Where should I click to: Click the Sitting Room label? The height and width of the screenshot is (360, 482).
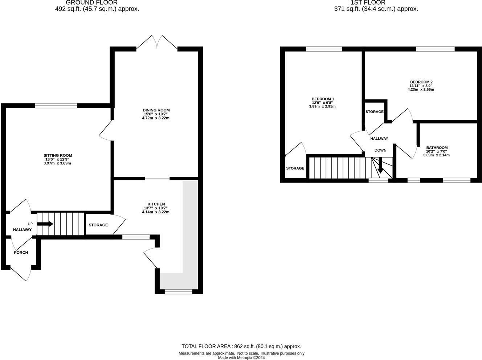click(x=58, y=156)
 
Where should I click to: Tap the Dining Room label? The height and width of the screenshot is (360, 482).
click(x=156, y=110)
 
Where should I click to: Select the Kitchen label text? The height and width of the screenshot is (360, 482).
click(x=156, y=204)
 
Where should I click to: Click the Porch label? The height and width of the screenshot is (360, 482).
click(x=21, y=253)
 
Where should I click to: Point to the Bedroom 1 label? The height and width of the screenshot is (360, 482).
click(x=323, y=99)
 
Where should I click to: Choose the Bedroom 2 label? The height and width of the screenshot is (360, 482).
click(x=421, y=82)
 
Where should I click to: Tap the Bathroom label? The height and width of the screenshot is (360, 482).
click(x=437, y=148)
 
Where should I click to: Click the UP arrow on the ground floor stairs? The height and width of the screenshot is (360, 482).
click(x=45, y=224)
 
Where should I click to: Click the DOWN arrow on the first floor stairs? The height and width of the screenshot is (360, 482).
click(x=380, y=167)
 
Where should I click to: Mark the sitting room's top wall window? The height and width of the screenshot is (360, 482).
click(x=56, y=106)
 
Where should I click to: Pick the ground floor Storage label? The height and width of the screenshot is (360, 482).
click(x=98, y=225)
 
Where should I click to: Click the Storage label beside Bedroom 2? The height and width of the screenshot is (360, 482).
click(x=374, y=112)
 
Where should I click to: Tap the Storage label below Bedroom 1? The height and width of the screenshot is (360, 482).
click(x=295, y=168)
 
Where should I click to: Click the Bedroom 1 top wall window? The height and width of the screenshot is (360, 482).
click(x=324, y=49)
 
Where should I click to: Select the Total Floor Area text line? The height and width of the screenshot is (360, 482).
click(x=241, y=347)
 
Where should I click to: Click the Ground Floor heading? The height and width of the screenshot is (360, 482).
click(x=91, y=3)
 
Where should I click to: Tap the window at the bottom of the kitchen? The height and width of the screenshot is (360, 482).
click(x=178, y=291)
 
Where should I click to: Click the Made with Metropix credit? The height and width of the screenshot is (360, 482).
click(x=241, y=357)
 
